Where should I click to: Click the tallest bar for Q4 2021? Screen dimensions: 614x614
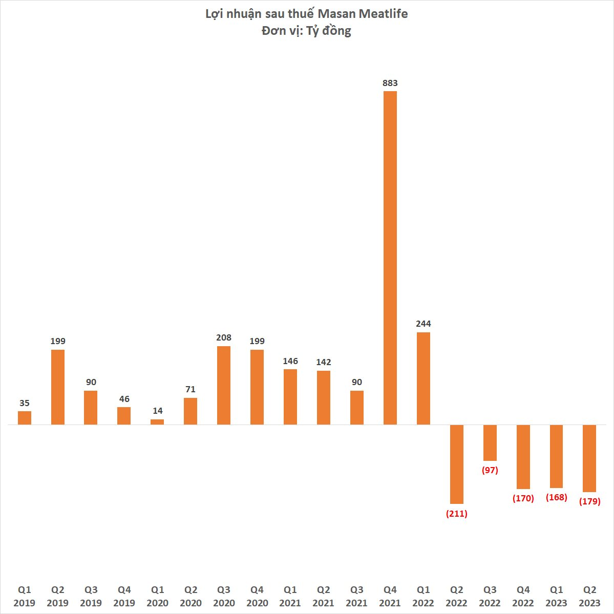click(x=390, y=258)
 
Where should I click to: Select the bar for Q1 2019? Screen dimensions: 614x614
click(x=25, y=418)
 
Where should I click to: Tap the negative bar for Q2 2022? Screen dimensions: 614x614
click(x=457, y=464)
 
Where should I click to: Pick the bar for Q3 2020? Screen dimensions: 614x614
click(x=224, y=385)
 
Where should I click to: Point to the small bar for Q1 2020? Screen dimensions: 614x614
click(x=157, y=422)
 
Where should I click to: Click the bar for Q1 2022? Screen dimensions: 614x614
click(x=424, y=378)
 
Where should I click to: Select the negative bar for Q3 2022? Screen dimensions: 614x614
click(x=490, y=443)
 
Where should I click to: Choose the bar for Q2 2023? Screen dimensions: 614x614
click(x=589, y=458)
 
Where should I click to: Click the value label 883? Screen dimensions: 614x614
click(x=390, y=83)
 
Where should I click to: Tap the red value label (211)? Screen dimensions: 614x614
click(x=457, y=513)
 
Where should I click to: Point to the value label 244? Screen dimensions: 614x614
click(x=424, y=324)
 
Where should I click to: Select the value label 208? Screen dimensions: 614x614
click(x=224, y=337)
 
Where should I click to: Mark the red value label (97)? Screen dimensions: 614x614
click(x=490, y=470)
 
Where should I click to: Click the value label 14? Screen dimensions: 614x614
click(x=157, y=411)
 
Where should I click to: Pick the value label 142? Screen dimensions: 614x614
click(x=324, y=362)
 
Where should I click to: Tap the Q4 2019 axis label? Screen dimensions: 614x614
click(x=124, y=596)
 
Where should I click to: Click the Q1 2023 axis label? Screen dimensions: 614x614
click(x=557, y=596)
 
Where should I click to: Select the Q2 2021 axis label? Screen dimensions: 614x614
click(x=324, y=596)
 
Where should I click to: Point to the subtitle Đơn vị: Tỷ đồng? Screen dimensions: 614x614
click(x=307, y=31)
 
